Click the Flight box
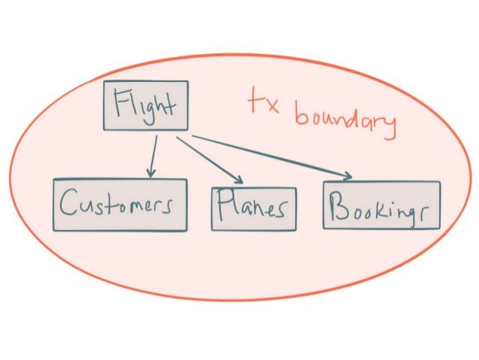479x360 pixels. tap(145, 105)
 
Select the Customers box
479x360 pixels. tap(120, 204)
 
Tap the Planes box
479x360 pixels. tap(253, 208)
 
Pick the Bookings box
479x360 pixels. tap(381, 205)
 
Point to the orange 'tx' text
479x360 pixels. tap(264, 104)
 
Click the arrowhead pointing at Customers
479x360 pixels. tap(151, 173)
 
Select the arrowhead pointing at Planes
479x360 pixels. tap(239, 180)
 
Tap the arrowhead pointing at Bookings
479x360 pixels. tap(347, 177)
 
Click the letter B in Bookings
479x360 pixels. tap(340, 205)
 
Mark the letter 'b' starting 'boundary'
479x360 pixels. tap(300, 114)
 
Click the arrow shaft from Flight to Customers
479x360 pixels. tap(153, 154)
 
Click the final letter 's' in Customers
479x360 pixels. tap(177, 206)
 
